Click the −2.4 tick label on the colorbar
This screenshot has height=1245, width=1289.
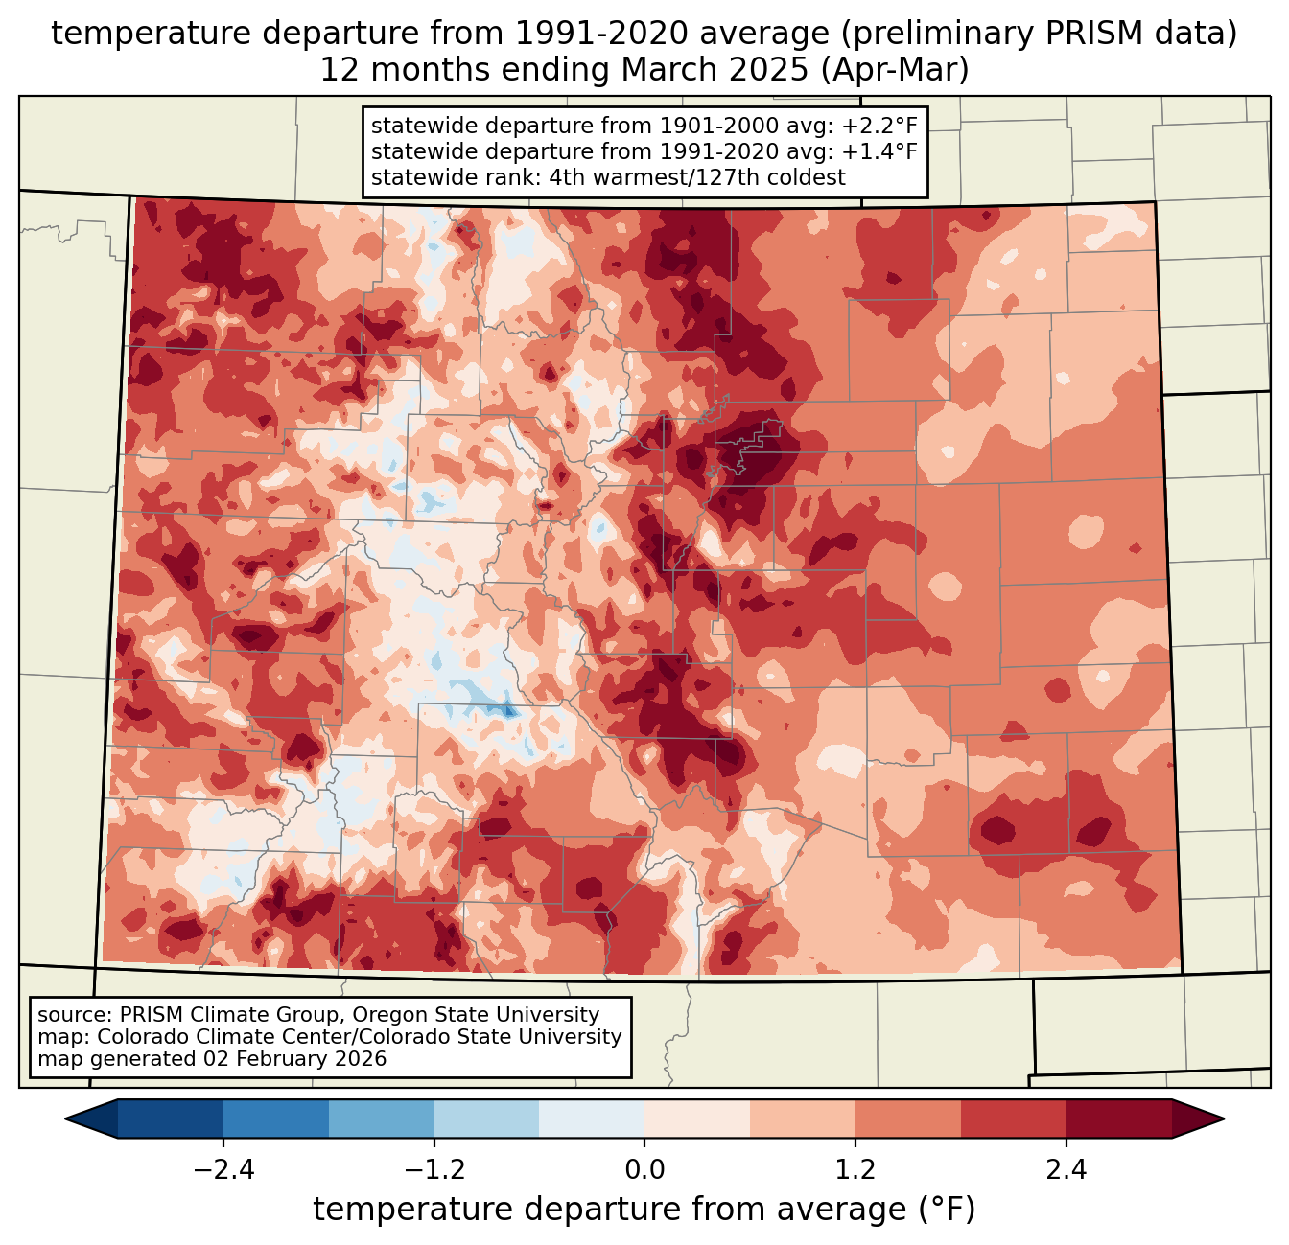pyautogui.click(x=223, y=1170)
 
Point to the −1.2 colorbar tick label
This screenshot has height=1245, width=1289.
pyautogui.click(x=434, y=1170)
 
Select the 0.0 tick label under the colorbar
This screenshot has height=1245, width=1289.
pyautogui.click(x=644, y=1170)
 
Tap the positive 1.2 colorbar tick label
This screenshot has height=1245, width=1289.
pyautogui.click(x=855, y=1170)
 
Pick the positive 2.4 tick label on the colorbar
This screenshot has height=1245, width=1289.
pyautogui.click(x=1066, y=1170)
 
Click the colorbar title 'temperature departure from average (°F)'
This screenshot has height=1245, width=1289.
pyautogui.click(x=644, y=1210)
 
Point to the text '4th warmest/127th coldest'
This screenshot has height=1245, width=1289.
pyautogui.click(x=697, y=177)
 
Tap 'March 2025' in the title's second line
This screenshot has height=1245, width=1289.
pyautogui.click(x=715, y=70)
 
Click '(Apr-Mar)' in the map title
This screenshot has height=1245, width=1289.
pyautogui.click(x=895, y=70)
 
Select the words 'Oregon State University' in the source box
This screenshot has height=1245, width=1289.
pyautogui.click(x=476, y=1015)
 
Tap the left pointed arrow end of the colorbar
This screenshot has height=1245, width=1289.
pyautogui.click(x=66, y=1119)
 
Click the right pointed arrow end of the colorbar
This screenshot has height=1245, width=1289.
pyautogui.click(x=1223, y=1119)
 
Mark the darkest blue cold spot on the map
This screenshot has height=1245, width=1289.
pyautogui.click(x=508, y=711)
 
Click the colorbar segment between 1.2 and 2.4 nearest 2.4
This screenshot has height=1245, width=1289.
pyautogui.click(x=1014, y=1119)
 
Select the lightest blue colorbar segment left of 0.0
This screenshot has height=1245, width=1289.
pyautogui.click(x=592, y=1119)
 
